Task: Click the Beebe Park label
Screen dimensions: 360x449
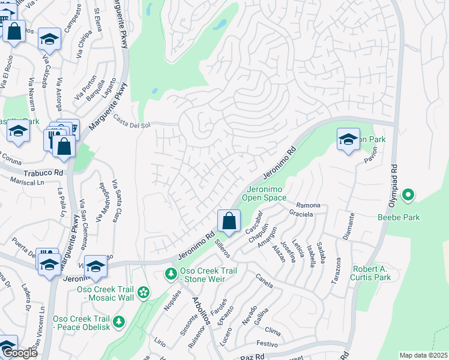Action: (399, 217)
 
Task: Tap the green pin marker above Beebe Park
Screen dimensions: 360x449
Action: (408, 194)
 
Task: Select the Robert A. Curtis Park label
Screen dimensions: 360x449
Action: (380, 273)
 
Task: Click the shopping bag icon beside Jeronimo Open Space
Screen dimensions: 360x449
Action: (229, 220)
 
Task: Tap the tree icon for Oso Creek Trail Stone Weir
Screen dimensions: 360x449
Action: (170, 274)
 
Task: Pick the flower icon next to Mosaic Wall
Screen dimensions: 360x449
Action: (143, 292)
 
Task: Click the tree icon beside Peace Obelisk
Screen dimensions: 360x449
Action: (119, 322)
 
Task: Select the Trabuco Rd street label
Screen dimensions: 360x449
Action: (44, 173)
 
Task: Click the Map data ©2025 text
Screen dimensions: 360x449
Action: (423, 355)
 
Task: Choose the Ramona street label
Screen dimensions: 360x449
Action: (308, 205)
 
